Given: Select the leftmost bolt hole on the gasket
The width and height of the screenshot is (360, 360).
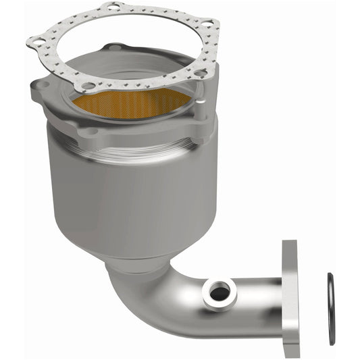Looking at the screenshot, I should coord(38,43).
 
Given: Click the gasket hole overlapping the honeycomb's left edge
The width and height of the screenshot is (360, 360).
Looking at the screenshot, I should coord(87,86).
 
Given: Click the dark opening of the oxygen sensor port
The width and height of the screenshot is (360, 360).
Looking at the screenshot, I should coord(218,292).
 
